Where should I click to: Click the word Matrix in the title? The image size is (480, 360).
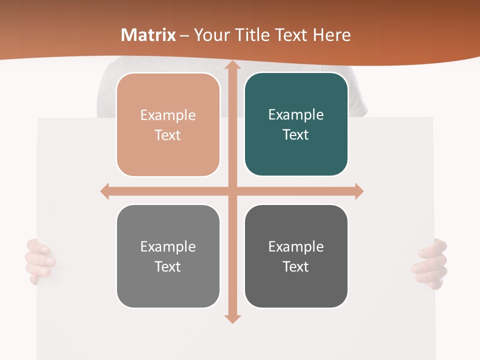point(148,35)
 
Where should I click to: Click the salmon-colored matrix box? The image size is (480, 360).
point(168,125)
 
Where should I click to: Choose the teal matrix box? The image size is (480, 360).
point(296,124)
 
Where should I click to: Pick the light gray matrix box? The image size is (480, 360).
point(168,256)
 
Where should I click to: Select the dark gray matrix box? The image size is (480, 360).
point(296,256)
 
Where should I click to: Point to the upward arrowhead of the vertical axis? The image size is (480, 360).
point(232,65)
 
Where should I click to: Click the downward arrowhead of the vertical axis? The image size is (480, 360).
point(232,318)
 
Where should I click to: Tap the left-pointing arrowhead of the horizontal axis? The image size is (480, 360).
point(105,191)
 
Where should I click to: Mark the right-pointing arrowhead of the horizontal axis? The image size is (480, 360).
point(358,191)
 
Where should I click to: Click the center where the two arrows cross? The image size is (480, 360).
point(232,191)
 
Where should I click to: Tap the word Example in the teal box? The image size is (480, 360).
point(296,114)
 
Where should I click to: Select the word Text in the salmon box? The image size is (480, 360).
point(167,135)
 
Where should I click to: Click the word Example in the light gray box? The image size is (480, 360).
point(168,246)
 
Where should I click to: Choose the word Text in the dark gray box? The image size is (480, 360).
point(295,266)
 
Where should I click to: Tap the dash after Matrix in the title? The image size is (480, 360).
point(184,35)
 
